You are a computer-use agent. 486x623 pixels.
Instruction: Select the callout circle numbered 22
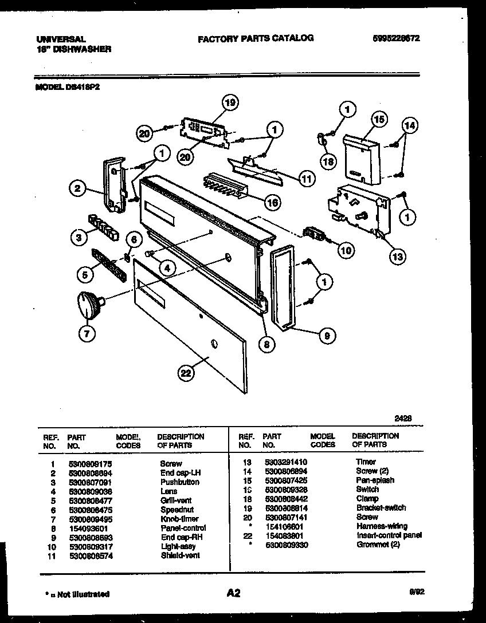pos(185,373)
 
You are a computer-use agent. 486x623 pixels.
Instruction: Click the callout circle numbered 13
pos(397,256)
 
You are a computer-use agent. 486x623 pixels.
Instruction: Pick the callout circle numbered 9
pos(326,336)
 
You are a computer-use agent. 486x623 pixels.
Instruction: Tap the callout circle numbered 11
pos(307,178)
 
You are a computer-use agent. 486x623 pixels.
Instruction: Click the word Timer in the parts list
pos(366,462)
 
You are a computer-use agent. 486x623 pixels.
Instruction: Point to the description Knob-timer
pos(179,519)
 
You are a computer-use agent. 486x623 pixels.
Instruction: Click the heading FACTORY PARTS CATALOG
pos(256,38)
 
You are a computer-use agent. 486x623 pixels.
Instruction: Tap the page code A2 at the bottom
pos(233,593)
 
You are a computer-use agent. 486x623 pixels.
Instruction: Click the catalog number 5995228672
pos(396,38)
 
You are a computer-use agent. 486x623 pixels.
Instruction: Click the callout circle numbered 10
pos(346,250)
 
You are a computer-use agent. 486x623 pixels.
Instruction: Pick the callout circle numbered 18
pos(327,162)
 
